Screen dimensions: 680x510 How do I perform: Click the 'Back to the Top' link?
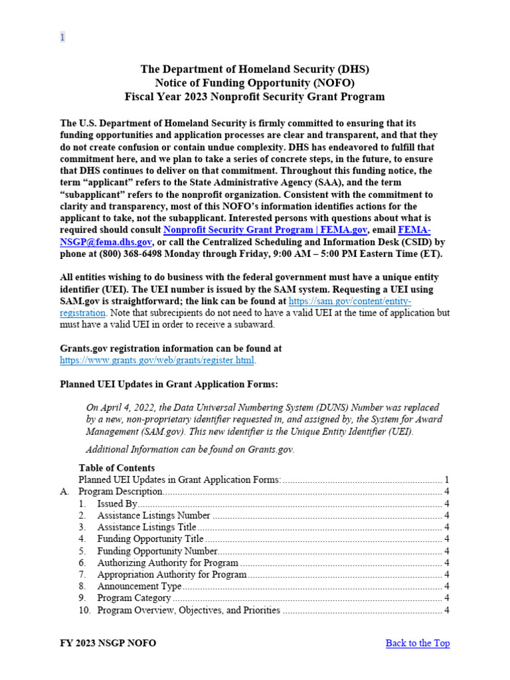pyautogui.click(x=417, y=643)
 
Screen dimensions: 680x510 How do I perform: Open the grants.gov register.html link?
pyautogui.click(x=157, y=361)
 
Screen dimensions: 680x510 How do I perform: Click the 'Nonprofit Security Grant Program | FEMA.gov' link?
pyautogui.click(x=265, y=230)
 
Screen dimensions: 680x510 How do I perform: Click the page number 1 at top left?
pyautogui.click(x=62, y=37)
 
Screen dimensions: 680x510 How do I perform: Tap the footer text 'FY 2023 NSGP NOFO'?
pyautogui.click(x=108, y=643)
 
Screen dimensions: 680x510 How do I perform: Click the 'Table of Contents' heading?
pyautogui.click(x=116, y=467)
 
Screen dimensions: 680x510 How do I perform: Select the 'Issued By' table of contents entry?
pyautogui.click(x=117, y=503)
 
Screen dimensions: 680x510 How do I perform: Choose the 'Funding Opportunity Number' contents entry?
pyautogui.click(x=157, y=551)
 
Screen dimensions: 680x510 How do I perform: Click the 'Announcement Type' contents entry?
pyautogui.click(x=139, y=586)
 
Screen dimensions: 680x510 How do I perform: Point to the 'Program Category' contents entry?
pyautogui.click(x=133, y=598)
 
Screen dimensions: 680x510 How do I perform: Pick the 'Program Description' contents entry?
pyautogui.click(x=120, y=491)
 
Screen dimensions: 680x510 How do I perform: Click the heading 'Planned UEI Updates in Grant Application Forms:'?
pyautogui.click(x=169, y=384)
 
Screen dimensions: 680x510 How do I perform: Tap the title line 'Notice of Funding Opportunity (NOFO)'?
pyautogui.click(x=254, y=82)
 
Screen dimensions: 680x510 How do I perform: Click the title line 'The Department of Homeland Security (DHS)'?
pyautogui.click(x=254, y=69)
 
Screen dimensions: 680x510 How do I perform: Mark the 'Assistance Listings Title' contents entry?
pyautogui.click(x=146, y=527)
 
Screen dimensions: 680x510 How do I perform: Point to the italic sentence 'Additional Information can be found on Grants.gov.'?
pyautogui.click(x=190, y=449)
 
